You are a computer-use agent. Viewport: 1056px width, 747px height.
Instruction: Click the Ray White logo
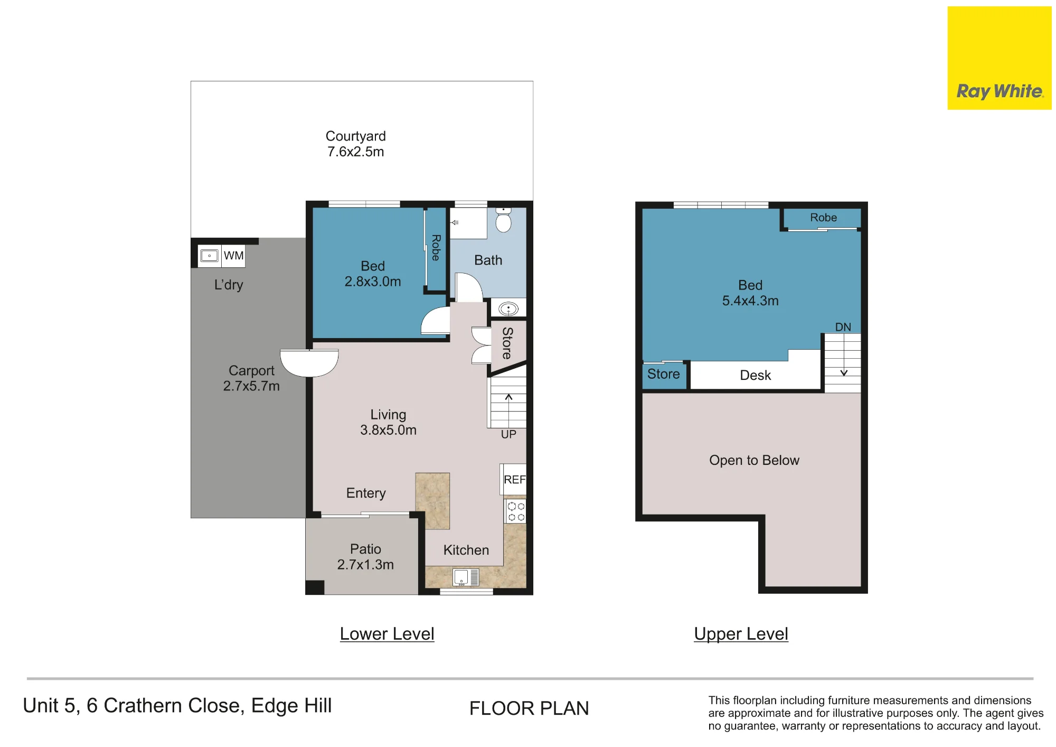pos(1000,58)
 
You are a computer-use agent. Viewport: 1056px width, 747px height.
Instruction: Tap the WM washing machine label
pos(233,256)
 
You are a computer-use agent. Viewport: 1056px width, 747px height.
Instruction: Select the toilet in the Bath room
pos(504,220)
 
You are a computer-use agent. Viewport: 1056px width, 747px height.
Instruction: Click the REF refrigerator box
pos(514,479)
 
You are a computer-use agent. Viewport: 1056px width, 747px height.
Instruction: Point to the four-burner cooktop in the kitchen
pos(516,511)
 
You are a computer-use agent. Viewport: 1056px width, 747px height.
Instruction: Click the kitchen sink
pos(466,577)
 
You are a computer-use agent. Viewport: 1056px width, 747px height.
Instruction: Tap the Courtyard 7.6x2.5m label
pos(356,144)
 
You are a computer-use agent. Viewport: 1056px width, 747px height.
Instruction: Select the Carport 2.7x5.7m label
pos(251,378)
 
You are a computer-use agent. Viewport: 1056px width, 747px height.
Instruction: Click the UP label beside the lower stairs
pos(508,434)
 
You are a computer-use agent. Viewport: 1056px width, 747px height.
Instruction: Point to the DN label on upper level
pos(843,327)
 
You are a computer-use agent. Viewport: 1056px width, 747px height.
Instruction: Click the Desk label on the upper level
pos(756,375)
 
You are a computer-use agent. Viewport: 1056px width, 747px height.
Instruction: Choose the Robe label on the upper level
pos(824,217)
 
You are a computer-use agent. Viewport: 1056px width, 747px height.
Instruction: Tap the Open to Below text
pos(755,460)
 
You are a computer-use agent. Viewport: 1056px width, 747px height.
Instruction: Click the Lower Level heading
pos(387,634)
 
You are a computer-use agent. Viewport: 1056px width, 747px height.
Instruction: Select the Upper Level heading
pos(741,634)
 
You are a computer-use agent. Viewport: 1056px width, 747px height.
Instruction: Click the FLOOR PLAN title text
pos(529,708)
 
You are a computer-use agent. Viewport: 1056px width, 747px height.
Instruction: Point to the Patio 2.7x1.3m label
pos(365,557)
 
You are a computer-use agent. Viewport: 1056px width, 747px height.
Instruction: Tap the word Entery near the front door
pos(366,493)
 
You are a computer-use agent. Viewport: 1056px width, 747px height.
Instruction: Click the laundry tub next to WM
pos(210,256)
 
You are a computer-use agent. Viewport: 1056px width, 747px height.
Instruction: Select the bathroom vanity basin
pos(508,309)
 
